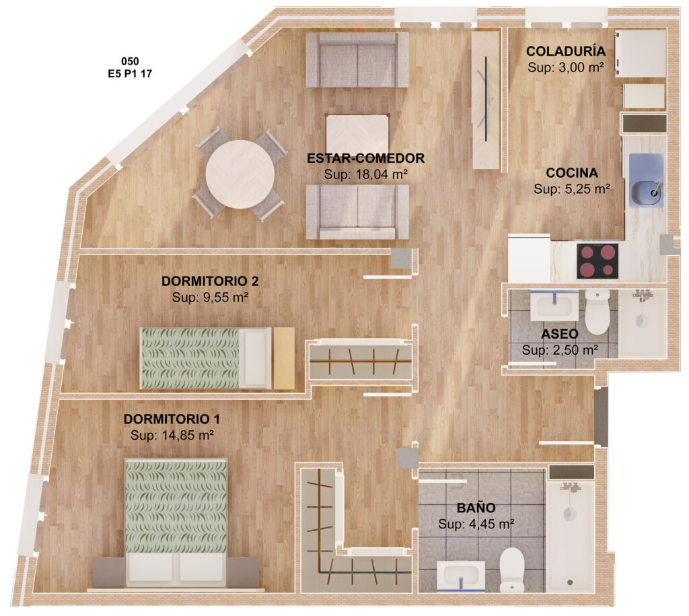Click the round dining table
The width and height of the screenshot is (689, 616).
point(240,174)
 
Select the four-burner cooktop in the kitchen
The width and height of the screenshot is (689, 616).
point(597,261)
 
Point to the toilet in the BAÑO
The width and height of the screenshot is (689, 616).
point(512,570)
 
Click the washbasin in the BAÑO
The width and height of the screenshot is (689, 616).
point(461,576)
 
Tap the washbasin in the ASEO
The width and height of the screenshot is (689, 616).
point(554,306)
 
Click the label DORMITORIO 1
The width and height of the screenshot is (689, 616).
point(172,419)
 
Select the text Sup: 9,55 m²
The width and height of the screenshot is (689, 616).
point(210,297)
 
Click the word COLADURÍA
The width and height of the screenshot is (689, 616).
point(565,51)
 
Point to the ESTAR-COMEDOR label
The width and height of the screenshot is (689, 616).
point(365,158)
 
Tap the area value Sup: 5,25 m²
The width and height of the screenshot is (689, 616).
point(572,189)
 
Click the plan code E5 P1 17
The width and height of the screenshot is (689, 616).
point(130,74)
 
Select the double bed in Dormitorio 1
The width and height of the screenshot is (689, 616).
point(176,523)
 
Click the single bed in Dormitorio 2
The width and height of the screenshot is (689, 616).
point(206,358)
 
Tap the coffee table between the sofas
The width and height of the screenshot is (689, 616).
point(357,133)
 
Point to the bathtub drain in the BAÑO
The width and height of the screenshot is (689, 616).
point(570,582)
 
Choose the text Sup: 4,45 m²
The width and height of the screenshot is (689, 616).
point(476,524)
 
